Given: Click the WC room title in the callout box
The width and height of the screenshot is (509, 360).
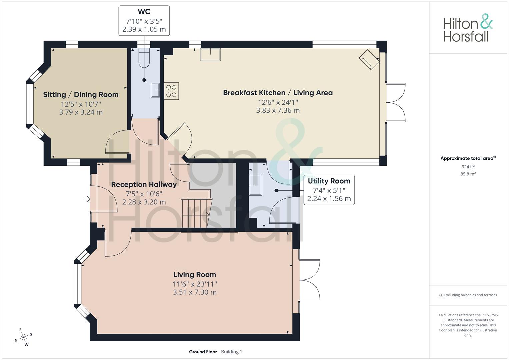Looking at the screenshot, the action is coord(144,11).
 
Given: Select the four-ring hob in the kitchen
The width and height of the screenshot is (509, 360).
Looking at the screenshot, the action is coord(171,91).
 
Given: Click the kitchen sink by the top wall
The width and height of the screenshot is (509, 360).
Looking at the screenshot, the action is coord(210,55).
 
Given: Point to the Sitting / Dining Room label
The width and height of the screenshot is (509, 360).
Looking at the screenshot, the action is coord(81,95).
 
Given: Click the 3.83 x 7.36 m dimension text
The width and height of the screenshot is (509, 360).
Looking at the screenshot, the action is coord(278,110).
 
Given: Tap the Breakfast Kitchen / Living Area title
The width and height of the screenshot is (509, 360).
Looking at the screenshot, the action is coord(278,93).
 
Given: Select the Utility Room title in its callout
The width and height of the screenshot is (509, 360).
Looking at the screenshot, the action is coord(329,181).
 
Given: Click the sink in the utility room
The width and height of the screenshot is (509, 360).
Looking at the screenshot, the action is coord(256,185).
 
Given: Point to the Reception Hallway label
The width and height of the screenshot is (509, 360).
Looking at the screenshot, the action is coord(144,184).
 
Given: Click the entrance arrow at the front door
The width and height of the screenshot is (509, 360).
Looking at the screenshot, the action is coord(87,199).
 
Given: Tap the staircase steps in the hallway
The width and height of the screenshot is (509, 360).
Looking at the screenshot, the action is coord(197,213).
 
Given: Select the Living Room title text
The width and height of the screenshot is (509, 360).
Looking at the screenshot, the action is coord(195,275).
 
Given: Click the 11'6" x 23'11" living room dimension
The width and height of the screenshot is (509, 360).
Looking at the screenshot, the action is coord(195,284).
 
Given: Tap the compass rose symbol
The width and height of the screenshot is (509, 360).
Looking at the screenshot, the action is coord(23,337).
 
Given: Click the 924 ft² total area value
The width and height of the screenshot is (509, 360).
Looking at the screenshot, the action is coord(468,167).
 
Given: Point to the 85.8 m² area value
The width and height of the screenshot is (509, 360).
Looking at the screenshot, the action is coord(468,174).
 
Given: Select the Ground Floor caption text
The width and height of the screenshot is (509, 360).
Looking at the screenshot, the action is coord(203,352).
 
